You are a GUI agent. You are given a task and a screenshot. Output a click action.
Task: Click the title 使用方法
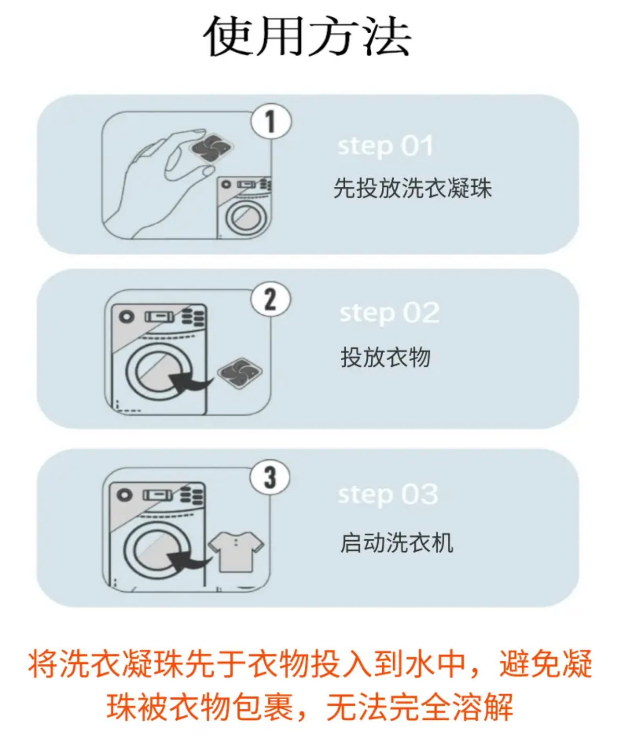[307, 37]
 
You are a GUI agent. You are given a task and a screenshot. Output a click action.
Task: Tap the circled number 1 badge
[271, 121]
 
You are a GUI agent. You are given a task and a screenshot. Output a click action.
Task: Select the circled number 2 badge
[271, 299]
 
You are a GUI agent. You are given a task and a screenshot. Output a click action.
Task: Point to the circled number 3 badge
[270, 477]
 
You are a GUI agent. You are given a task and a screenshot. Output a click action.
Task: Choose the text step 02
[389, 313]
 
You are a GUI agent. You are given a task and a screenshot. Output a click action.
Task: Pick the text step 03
[388, 494]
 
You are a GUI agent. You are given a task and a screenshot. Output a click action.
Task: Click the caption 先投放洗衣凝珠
[413, 188]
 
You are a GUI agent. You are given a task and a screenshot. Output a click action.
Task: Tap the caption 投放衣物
[386, 357]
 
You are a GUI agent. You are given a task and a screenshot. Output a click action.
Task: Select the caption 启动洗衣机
[397, 542]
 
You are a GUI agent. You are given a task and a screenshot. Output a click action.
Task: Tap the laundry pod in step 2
[240, 373]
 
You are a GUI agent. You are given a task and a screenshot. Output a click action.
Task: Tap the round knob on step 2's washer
[126, 316]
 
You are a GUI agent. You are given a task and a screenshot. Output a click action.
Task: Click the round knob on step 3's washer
[124, 494]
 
